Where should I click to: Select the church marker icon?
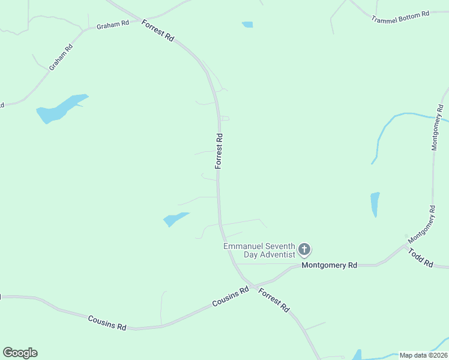click(x=305, y=250)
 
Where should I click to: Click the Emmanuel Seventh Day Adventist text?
click(x=261, y=250)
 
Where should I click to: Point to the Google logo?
click(x=20, y=353)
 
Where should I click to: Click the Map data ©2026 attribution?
click(x=424, y=355)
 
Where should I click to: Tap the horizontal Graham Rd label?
click(x=112, y=25)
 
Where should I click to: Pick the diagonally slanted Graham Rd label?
click(x=60, y=56)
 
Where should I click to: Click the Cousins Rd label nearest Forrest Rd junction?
click(x=231, y=297)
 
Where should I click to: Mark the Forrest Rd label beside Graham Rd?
click(x=158, y=30)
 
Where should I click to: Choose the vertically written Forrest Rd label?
click(x=219, y=151)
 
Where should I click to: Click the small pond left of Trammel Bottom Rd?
click(x=247, y=25)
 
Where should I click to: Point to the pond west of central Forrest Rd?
click(x=175, y=219)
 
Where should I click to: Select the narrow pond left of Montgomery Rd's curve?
click(x=375, y=204)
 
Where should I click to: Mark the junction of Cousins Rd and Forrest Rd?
click(x=253, y=285)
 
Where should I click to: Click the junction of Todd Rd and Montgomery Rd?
click(x=406, y=245)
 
